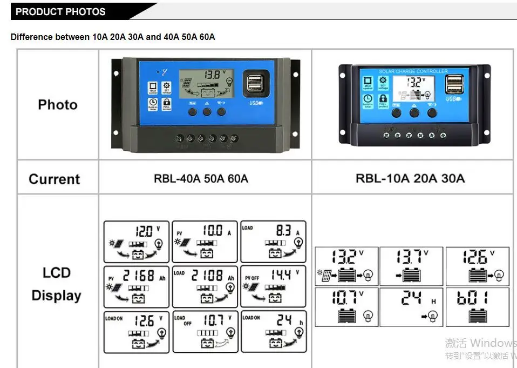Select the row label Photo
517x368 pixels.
coord(57,105)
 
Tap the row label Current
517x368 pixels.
coord(54,179)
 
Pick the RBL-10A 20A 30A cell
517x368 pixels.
coord(410,178)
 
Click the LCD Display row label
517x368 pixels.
coord(56,284)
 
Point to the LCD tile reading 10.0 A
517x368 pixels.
coord(205,241)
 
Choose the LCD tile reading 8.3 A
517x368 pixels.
coord(273,241)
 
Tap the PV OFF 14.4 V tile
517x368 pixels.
coord(273,286)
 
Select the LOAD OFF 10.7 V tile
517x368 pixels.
coord(205,332)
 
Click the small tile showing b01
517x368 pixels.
coord(477,307)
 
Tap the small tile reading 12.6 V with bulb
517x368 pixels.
coord(477,266)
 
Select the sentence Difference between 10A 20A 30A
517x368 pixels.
coord(113,37)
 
